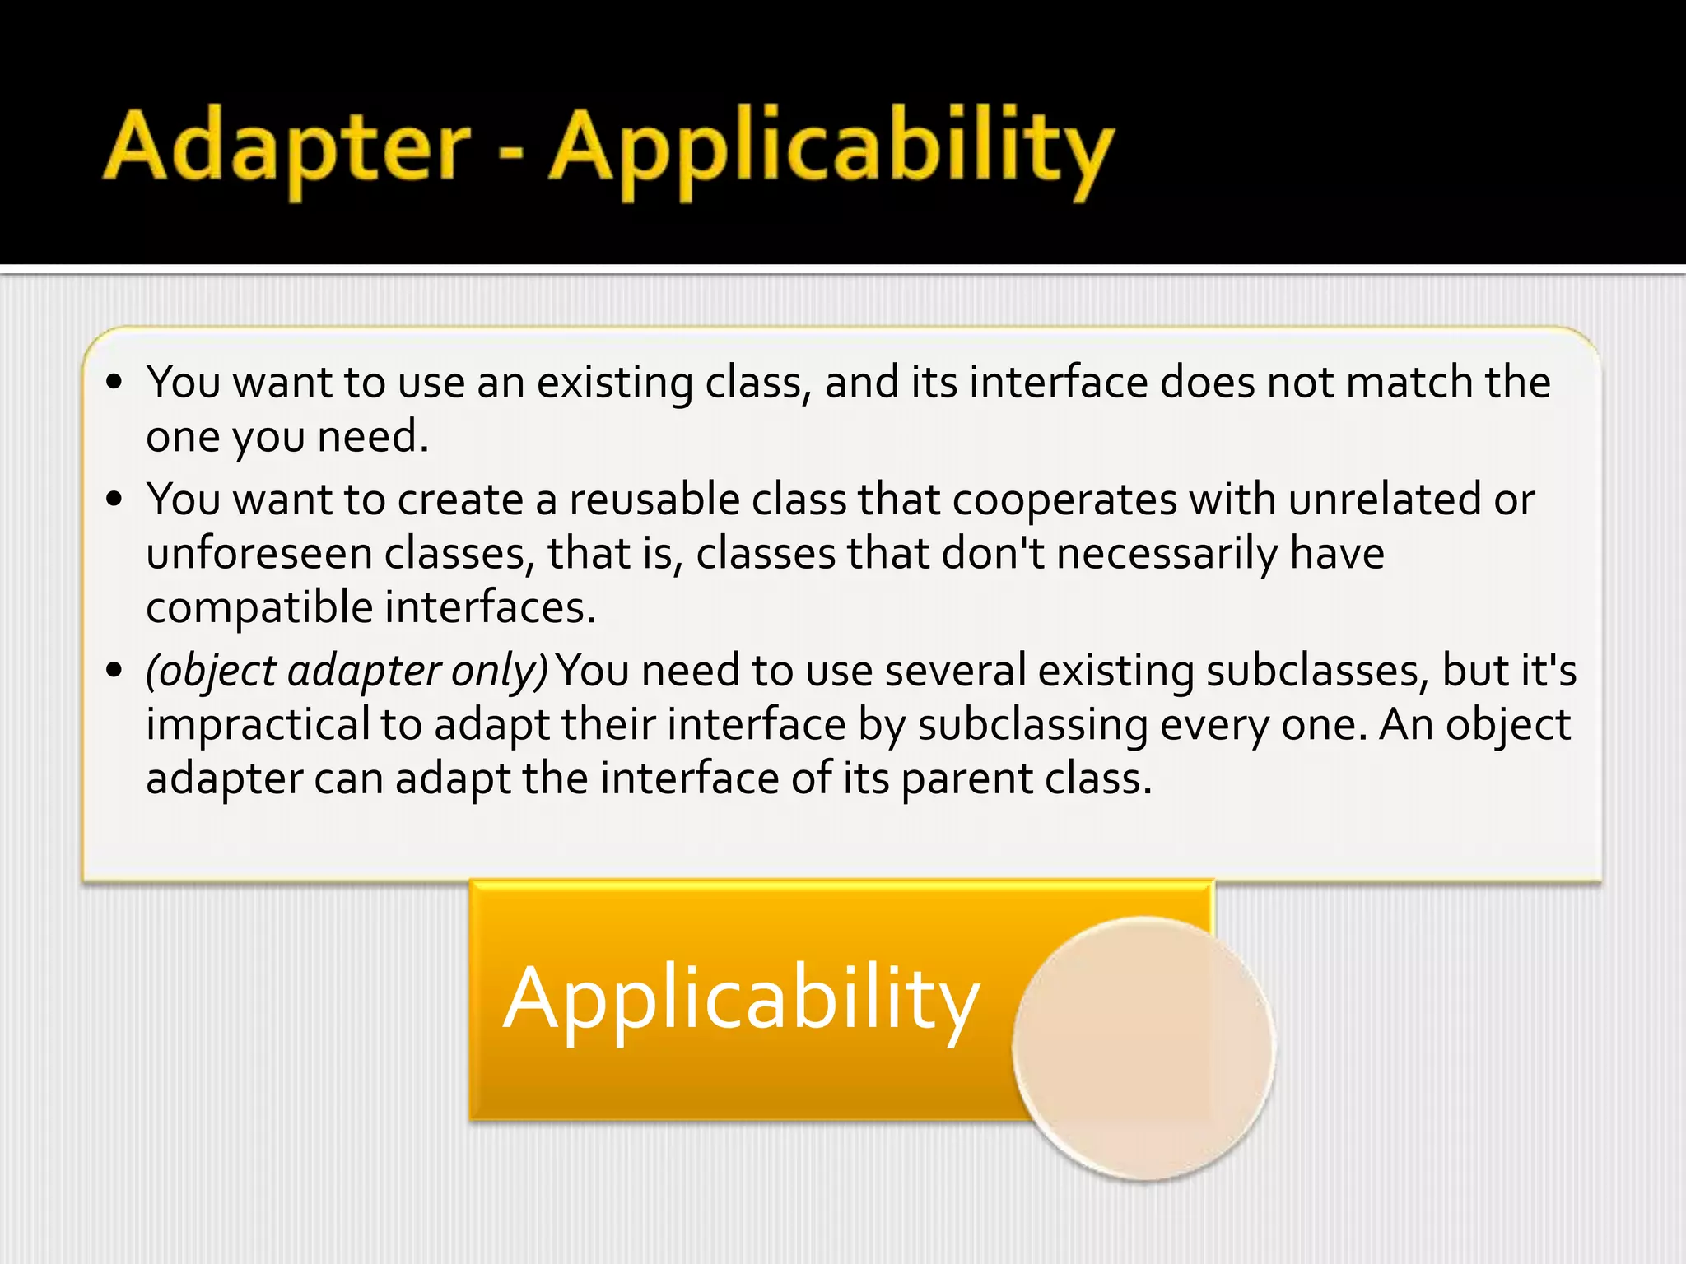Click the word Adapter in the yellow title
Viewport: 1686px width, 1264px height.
click(x=286, y=148)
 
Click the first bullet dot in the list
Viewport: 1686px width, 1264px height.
click(x=114, y=383)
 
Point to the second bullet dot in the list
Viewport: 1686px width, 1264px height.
click(x=114, y=500)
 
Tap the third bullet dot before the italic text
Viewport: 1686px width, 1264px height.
click(x=114, y=670)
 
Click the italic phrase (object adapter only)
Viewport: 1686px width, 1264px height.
click(x=347, y=671)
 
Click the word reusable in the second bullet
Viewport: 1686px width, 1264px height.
click(x=654, y=500)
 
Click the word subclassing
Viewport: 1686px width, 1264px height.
click(x=1032, y=726)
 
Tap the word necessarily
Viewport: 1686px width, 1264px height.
click(x=1167, y=554)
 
